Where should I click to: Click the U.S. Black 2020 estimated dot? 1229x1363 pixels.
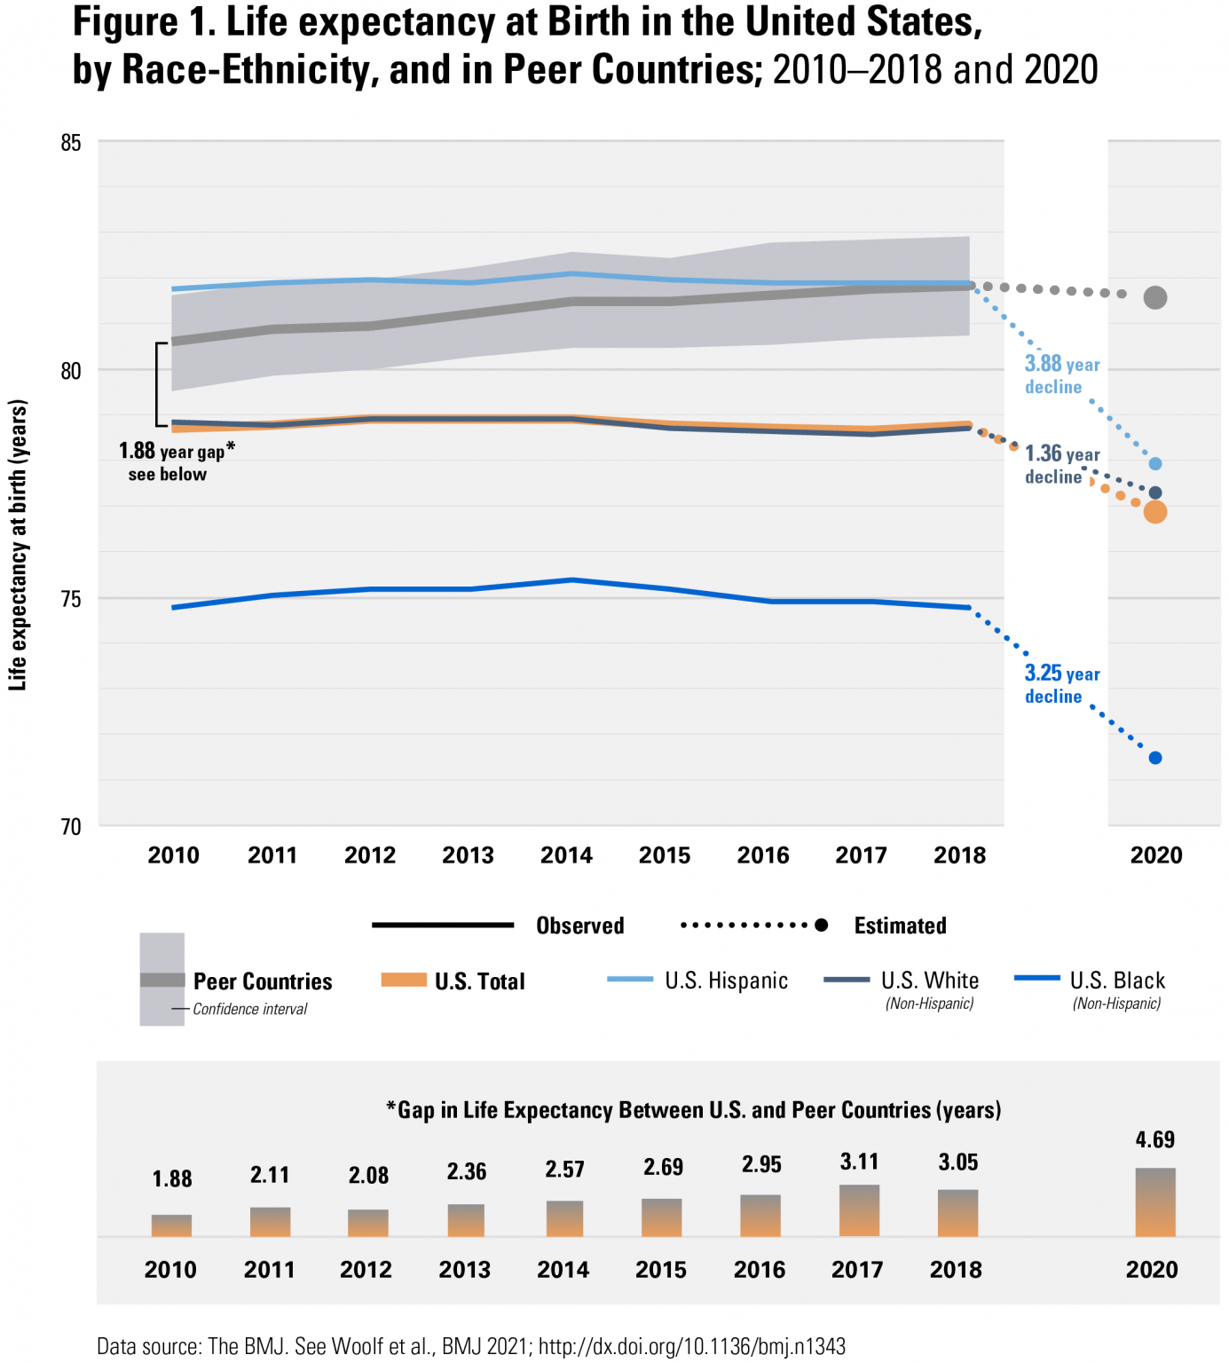pos(1154,758)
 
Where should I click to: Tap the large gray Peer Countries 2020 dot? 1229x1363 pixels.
pos(1154,297)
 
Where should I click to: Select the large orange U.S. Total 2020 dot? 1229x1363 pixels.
pos(1154,512)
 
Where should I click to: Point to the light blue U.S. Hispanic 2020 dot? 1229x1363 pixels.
pos(1154,464)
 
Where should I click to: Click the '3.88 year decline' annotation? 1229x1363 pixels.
pos(1061,375)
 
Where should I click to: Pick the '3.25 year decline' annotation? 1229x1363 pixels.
pos(1061,684)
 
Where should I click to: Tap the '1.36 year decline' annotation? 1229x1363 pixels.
pos(1061,465)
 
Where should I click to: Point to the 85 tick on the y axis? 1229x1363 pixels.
pos(71,143)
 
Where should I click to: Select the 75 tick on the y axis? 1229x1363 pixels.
pos(71,599)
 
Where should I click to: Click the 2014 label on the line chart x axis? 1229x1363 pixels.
pos(566,855)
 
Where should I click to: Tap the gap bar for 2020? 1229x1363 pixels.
pos(1154,1202)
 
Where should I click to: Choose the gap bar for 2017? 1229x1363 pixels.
pos(859,1210)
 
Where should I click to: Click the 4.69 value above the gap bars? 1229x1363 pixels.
pos(1154,1140)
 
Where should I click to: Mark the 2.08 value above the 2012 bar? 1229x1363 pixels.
pos(368,1176)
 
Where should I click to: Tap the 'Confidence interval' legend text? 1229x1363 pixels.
pos(250,1009)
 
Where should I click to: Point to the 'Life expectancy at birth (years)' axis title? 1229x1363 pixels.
pos(18,545)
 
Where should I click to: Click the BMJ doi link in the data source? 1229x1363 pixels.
pos(691,1346)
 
